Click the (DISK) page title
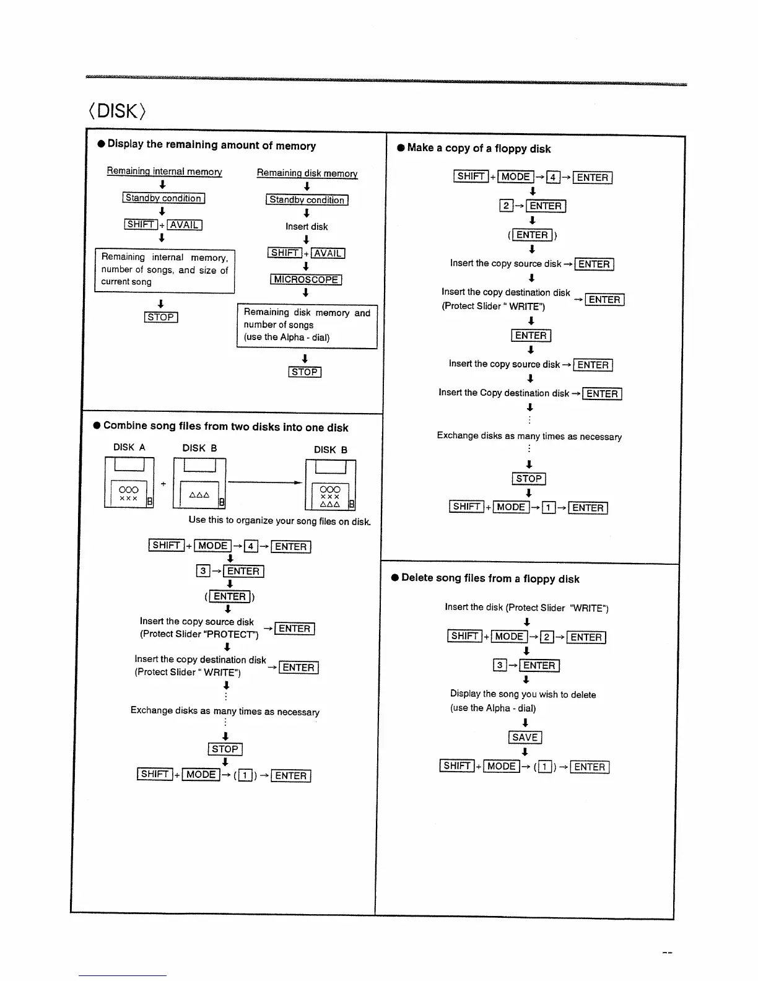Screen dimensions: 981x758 (x=118, y=111)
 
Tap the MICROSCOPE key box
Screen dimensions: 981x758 (x=306, y=279)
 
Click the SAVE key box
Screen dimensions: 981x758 (x=525, y=737)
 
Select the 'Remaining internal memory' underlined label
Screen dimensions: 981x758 (x=164, y=172)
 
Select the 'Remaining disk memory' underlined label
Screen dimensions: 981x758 (x=307, y=173)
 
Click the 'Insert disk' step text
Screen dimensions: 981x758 (x=307, y=227)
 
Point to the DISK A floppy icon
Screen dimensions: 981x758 (x=129, y=482)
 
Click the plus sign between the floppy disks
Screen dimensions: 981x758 (x=163, y=484)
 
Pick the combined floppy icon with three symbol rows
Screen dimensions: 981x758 (x=331, y=484)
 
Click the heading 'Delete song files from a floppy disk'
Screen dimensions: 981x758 (x=490, y=578)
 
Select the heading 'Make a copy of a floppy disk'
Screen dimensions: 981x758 (x=479, y=149)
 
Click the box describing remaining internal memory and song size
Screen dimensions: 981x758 (x=165, y=270)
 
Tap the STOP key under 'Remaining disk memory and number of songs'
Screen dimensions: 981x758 (x=305, y=372)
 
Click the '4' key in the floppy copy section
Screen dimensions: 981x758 (x=553, y=178)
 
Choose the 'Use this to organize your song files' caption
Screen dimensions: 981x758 (x=280, y=521)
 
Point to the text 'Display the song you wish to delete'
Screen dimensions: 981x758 (x=523, y=694)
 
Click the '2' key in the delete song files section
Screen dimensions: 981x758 (x=547, y=637)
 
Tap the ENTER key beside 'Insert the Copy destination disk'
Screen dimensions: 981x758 (x=602, y=394)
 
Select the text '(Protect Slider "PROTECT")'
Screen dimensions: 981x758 (x=199, y=634)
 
